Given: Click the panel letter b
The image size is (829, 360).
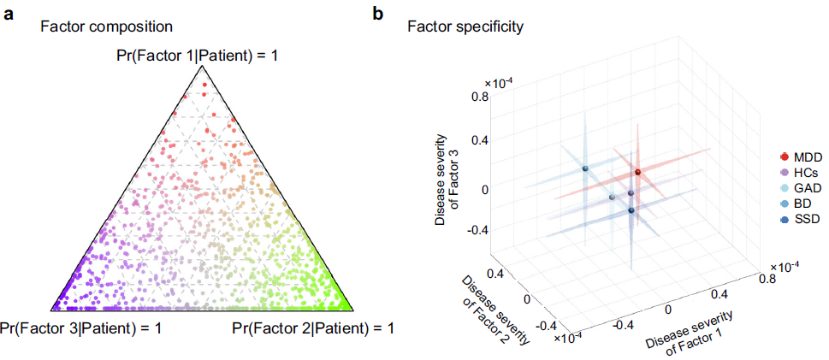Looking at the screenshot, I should (377, 15).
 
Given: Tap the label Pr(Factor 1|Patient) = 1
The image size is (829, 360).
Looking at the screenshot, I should (198, 56).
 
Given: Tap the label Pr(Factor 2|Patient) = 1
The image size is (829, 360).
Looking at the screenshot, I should (312, 328).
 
